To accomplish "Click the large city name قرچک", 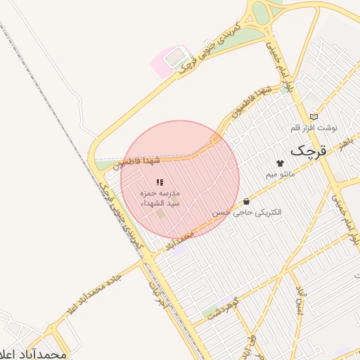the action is (x=308, y=150).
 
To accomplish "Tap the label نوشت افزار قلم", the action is (x=314, y=128).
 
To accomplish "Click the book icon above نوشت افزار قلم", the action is (x=314, y=116).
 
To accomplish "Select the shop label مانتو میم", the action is (x=281, y=173).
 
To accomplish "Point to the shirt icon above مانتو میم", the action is (x=280, y=163).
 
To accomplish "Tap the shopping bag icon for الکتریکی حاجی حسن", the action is (x=246, y=202).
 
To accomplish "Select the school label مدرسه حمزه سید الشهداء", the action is (x=160, y=197).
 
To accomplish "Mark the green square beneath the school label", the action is (x=160, y=213).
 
